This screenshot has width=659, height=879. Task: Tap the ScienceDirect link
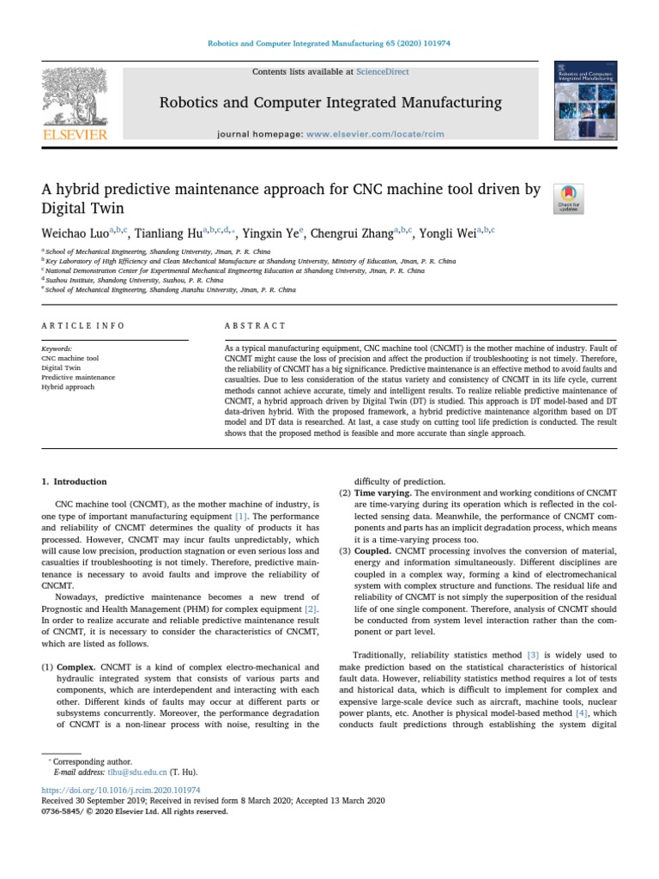(x=384, y=72)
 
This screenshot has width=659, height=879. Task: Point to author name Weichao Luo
(x=77, y=233)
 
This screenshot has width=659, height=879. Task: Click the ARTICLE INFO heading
(x=82, y=325)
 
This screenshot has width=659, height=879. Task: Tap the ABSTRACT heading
(x=255, y=325)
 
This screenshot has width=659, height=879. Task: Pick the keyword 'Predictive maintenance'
(x=78, y=377)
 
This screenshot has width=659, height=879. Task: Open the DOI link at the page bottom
(x=121, y=789)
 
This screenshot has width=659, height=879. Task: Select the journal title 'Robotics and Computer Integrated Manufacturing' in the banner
(x=330, y=103)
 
